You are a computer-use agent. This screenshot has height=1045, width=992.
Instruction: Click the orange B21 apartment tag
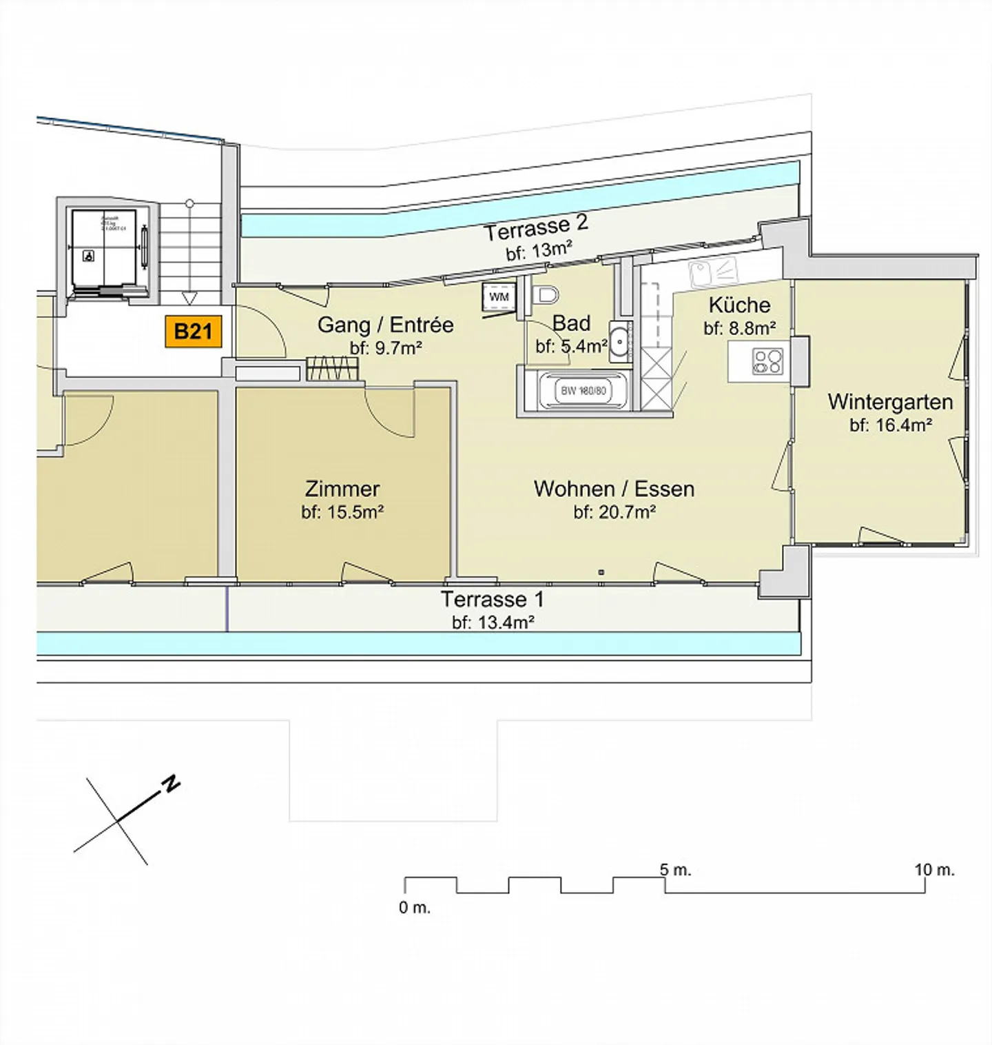[x=194, y=332]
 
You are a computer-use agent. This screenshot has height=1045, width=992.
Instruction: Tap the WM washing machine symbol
[x=499, y=297]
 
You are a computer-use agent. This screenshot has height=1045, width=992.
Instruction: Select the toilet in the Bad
[x=546, y=295]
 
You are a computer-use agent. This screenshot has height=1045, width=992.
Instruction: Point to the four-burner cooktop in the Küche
[x=767, y=361]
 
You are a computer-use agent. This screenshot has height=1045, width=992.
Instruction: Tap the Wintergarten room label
[x=890, y=401]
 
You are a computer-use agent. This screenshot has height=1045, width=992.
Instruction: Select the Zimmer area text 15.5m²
[x=342, y=512]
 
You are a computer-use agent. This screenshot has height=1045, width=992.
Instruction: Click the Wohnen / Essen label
[x=614, y=489]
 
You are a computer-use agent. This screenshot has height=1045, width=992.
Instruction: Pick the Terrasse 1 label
[x=492, y=598]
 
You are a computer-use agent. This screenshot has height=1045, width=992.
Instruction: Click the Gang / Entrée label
[x=385, y=325]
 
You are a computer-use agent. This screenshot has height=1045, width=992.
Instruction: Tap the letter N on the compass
[x=171, y=784]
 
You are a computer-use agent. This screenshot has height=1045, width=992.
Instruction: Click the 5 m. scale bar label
[x=675, y=870]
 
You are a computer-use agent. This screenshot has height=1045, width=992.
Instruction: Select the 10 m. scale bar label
[x=934, y=870]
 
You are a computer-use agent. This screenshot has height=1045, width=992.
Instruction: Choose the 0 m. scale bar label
[x=415, y=908]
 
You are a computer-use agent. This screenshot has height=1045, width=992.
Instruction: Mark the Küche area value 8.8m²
[x=740, y=328]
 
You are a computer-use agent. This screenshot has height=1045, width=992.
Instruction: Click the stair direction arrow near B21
[x=189, y=298]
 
